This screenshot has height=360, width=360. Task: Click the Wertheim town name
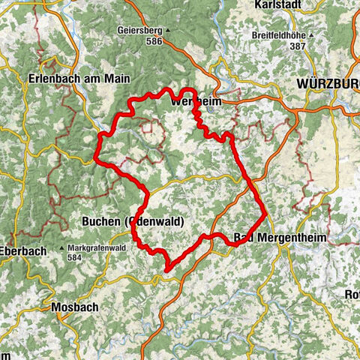[x=193, y=100]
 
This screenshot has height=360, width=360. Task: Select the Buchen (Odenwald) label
[x=132, y=221]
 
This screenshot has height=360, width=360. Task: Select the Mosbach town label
[x=70, y=307]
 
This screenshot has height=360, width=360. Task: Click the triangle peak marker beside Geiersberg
[x=169, y=31]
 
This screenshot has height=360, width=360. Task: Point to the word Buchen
[x=99, y=221]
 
